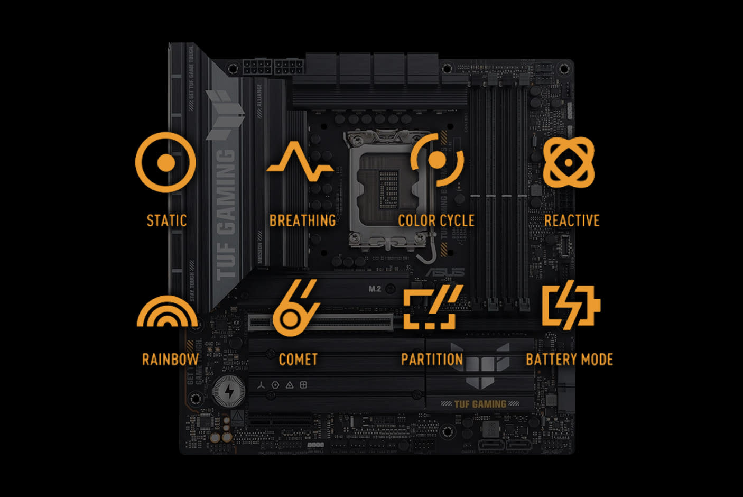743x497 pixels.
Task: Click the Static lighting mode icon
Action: (165, 162)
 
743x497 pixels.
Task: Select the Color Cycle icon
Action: (437, 160)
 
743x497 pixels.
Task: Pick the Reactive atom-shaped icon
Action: (569, 162)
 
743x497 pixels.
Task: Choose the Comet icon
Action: (296, 309)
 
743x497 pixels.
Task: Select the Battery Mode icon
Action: (571, 306)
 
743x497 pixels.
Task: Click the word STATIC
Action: (166, 220)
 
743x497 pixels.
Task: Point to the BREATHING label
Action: (302, 220)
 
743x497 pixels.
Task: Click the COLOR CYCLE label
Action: (436, 220)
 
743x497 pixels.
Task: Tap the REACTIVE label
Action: (572, 220)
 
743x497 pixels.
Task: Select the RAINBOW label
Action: (170, 360)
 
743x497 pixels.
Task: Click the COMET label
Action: (298, 360)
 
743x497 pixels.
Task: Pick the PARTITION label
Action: (432, 360)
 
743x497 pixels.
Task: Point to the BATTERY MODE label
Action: (569, 360)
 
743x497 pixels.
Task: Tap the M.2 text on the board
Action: (375, 289)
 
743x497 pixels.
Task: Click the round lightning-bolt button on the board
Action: (228, 392)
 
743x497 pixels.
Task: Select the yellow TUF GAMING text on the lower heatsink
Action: (480, 404)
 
